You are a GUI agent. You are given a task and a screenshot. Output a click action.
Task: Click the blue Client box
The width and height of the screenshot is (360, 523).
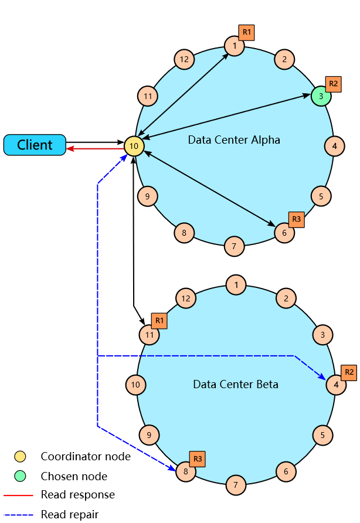pyautogui.click(x=35, y=145)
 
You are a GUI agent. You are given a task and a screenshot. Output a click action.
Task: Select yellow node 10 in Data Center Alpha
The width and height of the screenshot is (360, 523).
pyautogui.click(x=134, y=146)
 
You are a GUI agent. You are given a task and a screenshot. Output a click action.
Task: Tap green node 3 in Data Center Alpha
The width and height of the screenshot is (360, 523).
pyautogui.click(x=321, y=96)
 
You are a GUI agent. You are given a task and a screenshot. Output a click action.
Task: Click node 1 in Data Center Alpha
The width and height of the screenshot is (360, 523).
pyautogui.click(x=235, y=46)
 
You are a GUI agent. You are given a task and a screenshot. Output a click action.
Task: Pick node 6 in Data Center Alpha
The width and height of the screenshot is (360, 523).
pyautogui.click(x=284, y=232)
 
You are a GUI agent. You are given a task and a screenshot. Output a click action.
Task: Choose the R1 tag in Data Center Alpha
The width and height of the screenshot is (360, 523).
pyautogui.click(x=246, y=33)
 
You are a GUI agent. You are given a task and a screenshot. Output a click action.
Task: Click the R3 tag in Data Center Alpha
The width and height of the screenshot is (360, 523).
pyautogui.click(x=297, y=219)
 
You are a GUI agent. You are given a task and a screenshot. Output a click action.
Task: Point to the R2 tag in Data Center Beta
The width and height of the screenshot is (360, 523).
pyautogui.click(x=349, y=372)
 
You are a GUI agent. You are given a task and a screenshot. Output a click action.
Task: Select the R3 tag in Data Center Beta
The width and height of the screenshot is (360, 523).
pyautogui.click(x=198, y=459)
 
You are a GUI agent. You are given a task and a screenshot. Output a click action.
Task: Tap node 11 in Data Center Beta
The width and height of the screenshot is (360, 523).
pyautogui.click(x=150, y=335)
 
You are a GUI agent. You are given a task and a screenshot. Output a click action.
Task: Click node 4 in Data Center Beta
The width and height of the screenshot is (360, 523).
pyautogui.click(x=335, y=385)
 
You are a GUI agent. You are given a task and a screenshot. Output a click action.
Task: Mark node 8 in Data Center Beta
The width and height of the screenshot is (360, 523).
pyautogui.click(x=186, y=471)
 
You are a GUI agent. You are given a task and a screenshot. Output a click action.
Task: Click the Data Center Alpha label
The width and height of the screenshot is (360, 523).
pyautogui.click(x=234, y=140)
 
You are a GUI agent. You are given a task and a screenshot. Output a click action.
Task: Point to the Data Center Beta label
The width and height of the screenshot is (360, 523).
pyautogui.click(x=236, y=385)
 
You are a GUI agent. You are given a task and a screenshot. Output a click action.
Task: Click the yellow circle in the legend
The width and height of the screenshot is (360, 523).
pyautogui.click(x=20, y=456)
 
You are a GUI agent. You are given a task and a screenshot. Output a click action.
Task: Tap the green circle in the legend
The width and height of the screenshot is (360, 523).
pyautogui.click(x=20, y=476)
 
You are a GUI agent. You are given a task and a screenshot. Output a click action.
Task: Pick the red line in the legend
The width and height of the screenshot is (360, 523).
pyautogui.click(x=18, y=495)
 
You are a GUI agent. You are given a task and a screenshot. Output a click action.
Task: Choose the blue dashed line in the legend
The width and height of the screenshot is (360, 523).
pyautogui.click(x=18, y=515)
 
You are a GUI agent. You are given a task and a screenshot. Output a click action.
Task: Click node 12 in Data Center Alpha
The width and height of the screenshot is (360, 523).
pyautogui.click(x=185, y=59)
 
